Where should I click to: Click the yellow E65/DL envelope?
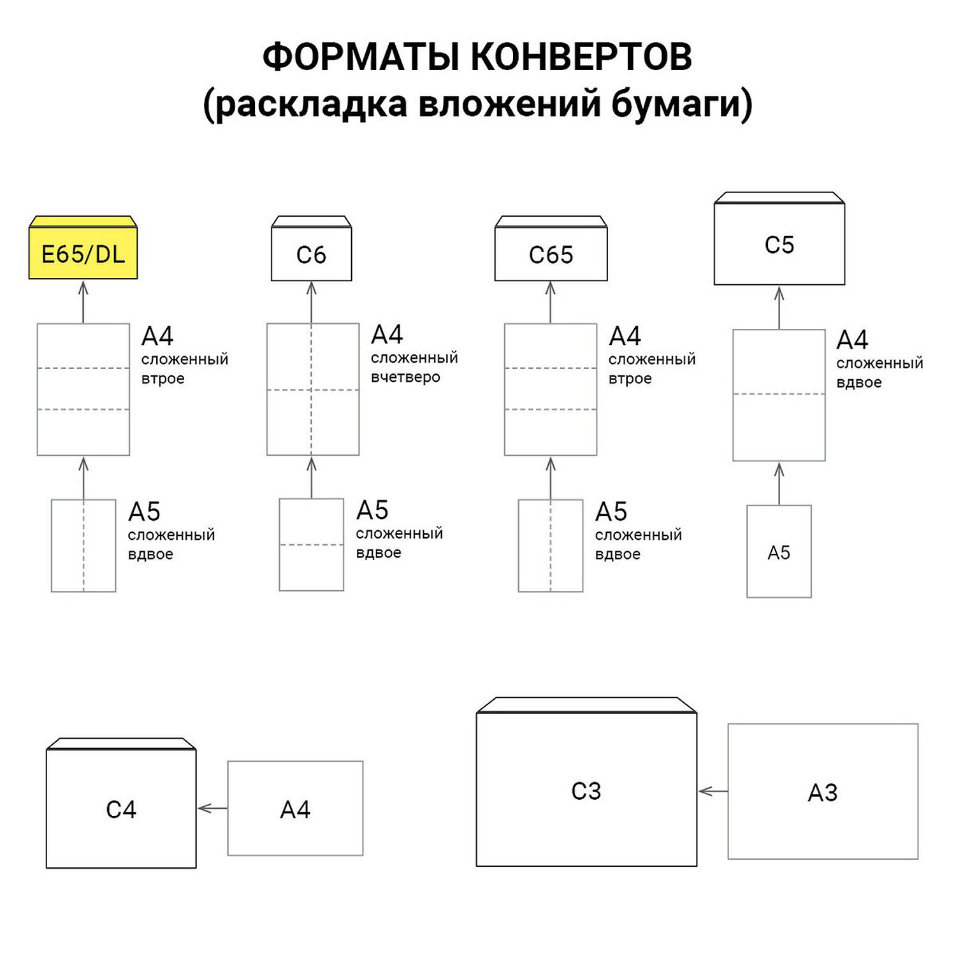(83, 254)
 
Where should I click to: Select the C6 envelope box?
(311, 254)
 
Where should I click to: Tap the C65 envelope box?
(551, 254)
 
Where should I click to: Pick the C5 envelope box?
(779, 244)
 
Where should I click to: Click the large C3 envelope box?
(586, 790)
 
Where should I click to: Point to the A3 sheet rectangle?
(823, 792)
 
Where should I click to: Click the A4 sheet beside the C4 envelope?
(295, 808)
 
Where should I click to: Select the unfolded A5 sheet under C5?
(779, 551)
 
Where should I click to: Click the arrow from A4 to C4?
(212, 808)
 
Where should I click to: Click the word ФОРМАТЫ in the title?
(361, 57)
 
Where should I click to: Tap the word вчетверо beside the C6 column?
(405, 377)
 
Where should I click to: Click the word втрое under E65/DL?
(163, 379)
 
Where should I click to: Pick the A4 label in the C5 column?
(852, 340)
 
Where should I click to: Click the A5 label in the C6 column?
(372, 510)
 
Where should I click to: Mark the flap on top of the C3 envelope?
(586, 704)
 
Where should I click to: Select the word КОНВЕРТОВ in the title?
(581, 57)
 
